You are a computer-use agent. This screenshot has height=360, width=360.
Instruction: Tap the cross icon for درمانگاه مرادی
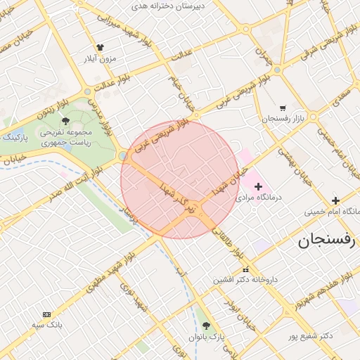coord(259,187)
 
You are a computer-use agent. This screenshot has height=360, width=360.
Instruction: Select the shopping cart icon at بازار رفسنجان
coord(283,108)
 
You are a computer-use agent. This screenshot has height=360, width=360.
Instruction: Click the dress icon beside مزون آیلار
coord(100,48)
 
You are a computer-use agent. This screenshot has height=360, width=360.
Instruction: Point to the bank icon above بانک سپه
coord(47,314)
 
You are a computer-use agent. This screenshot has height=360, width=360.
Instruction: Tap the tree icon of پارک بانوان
coord(206,326)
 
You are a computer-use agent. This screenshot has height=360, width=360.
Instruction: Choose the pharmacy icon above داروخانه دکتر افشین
coord(245,270)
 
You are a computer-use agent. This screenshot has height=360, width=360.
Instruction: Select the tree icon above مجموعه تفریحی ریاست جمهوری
coord(65,121)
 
